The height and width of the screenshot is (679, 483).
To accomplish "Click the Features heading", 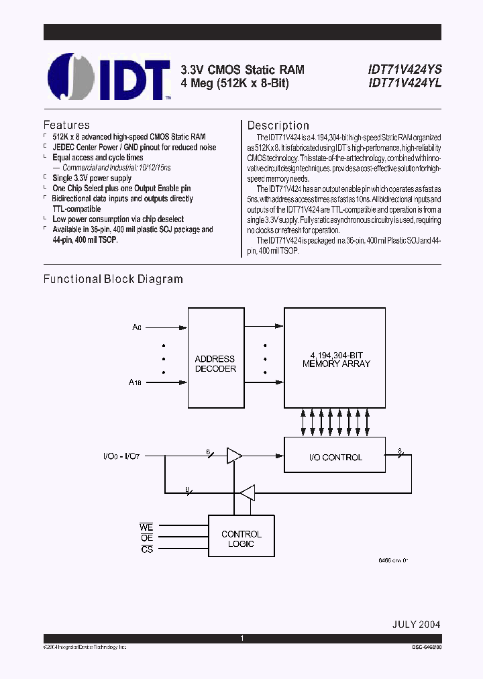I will [x=66, y=125].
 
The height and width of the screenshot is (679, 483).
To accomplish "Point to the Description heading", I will [x=278, y=125].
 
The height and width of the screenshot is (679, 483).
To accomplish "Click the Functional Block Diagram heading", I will [x=113, y=279].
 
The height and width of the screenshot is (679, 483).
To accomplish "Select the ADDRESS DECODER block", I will [x=215, y=364].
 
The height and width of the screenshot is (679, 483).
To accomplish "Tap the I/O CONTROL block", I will [x=335, y=457].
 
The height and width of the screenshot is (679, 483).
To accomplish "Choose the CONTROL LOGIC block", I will [x=241, y=539].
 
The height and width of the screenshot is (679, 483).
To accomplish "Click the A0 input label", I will [x=137, y=327].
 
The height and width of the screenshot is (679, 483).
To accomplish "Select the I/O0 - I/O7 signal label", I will [x=122, y=456].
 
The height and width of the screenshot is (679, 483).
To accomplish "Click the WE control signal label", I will [x=147, y=527].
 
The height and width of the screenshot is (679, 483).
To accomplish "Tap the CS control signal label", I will [x=147, y=550].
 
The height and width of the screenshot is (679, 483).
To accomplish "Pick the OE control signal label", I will [x=147, y=538].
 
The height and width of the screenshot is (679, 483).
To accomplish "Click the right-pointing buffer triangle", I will [x=234, y=456].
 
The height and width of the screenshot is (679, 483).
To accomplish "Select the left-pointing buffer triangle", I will [x=248, y=492].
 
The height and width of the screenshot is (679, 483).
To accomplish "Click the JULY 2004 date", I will [x=416, y=623].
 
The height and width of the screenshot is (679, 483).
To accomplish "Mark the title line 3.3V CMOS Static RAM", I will [x=242, y=70].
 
